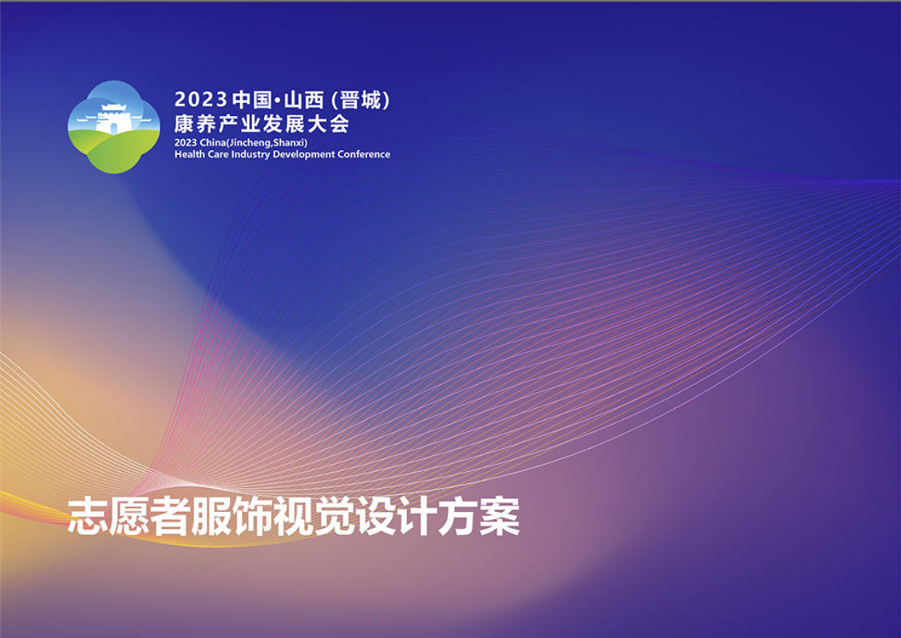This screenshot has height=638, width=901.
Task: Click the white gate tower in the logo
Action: pos(113,119)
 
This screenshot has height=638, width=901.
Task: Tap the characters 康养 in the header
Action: pos(194,124)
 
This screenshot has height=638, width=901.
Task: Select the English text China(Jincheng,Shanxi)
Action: pos(254,143)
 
